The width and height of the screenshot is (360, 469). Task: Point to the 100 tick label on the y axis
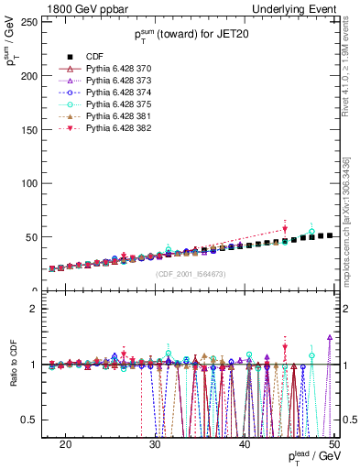click(x=35, y=184)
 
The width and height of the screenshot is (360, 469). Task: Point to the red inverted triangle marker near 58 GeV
click(x=285, y=229)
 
